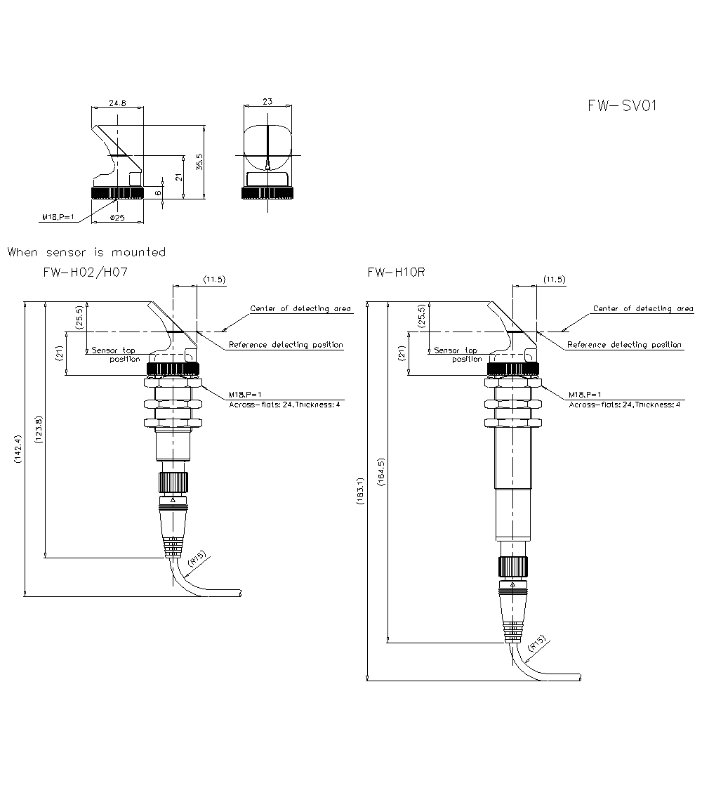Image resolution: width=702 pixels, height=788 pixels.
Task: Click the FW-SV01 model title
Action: click(x=622, y=105)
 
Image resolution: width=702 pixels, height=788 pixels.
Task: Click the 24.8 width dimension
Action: click(x=117, y=103)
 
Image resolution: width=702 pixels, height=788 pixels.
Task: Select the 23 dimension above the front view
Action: click(x=267, y=101)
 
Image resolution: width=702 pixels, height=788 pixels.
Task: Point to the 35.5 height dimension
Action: click(x=199, y=162)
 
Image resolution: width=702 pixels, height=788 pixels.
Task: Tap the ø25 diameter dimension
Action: click(x=117, y=218)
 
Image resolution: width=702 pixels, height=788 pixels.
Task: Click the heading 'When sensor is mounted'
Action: click(x=87, y=252)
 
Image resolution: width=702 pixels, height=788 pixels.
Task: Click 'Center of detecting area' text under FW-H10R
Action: click(x=642, y=308)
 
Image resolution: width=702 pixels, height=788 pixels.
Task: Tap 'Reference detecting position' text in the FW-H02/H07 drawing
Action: click(x=286, y=345)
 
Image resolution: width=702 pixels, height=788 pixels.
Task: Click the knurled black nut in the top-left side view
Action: click(x=117, y=193)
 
